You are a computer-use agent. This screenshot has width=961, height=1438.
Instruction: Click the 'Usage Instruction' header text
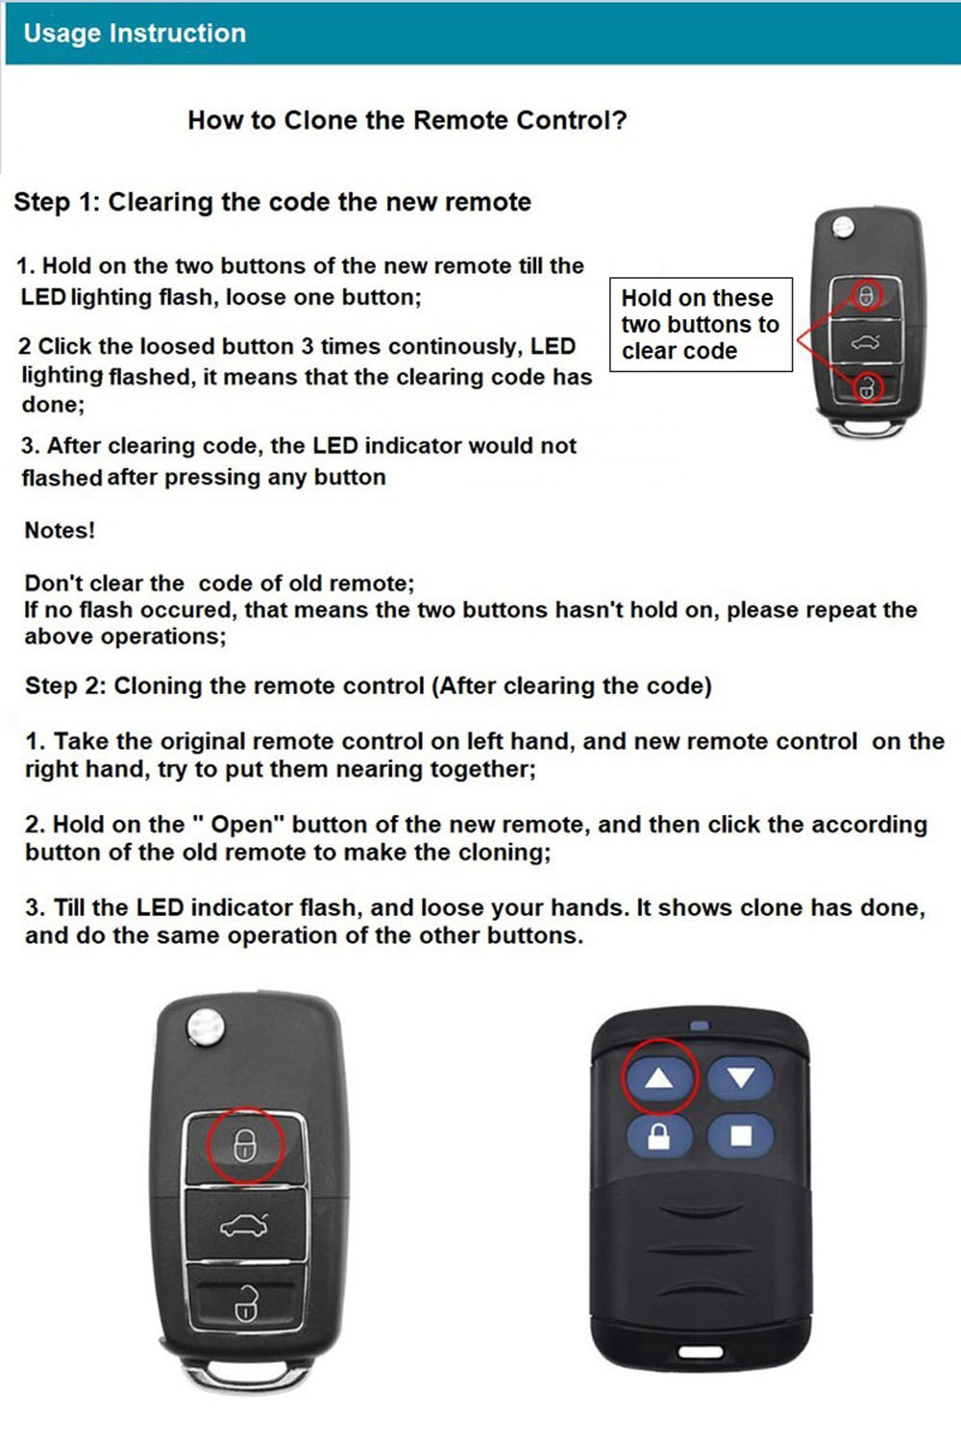pos(135,34)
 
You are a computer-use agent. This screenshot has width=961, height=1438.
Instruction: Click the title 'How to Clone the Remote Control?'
pos(407,120)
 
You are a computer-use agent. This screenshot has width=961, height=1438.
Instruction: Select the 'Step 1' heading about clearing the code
pos(272,202)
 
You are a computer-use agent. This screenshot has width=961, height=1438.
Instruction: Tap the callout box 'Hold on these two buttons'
pos(701,324)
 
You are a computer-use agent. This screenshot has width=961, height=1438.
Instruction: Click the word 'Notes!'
pos(60,531)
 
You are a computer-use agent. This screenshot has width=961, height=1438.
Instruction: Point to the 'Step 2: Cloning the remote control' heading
pos(368,686)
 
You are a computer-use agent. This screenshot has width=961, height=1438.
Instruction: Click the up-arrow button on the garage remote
pos(659,1078)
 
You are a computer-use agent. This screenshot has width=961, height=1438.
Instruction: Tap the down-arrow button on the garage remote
pos(740,1078)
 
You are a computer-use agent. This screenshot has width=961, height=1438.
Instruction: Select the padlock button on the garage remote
pos(659,1137)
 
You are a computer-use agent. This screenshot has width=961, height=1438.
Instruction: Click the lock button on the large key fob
pos(245,1145)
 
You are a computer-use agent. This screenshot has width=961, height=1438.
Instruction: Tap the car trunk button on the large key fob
pos(245,1225)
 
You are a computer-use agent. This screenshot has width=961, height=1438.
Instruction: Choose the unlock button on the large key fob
pos(245,1302)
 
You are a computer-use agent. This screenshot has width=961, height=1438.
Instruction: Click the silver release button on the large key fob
pos(205,1026)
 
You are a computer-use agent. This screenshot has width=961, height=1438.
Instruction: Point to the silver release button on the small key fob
pos(843,228)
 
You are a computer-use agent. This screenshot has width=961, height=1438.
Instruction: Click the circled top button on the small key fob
pos(866,296)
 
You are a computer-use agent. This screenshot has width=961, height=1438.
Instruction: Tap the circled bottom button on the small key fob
pos(867,387)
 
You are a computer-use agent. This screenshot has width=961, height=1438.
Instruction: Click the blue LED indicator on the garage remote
pos(699,1026)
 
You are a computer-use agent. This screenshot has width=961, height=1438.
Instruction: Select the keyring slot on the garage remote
pos(700,1351)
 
